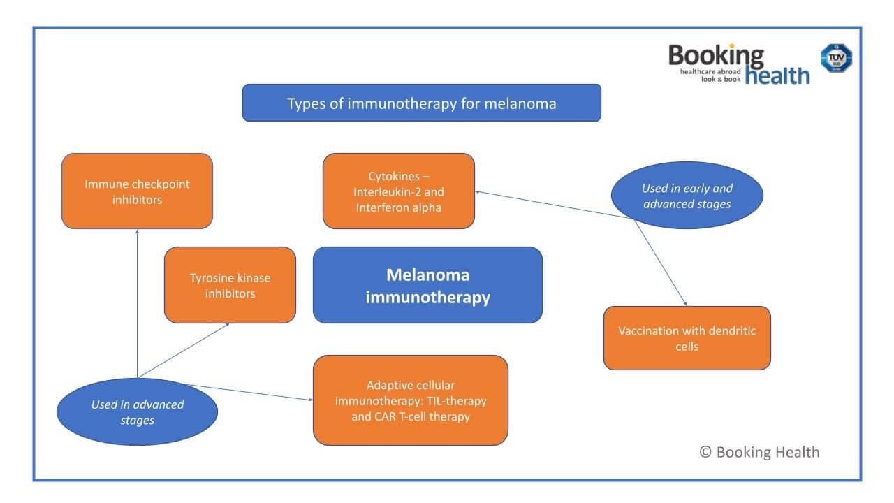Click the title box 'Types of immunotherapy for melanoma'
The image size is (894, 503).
pyautogui.click(x=421, y=103)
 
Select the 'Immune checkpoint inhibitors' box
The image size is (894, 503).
pyautogui.click(x=137, y=191)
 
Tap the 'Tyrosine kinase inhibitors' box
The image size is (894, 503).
pyautogui.click(x=230, y=285)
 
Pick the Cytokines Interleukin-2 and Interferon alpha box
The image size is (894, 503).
pyautogui.click(x=398, y=191)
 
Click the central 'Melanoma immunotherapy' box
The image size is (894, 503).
pyautogui.click(x=427, y=285)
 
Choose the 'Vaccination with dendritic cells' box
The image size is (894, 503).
pyautogui.click(x=687, y=338)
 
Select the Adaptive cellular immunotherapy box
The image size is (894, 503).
pyautogui.click(x=410, y=400)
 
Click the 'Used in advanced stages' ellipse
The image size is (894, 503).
pyautogui.click(x=137, y=411)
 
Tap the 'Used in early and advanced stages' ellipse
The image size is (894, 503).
pyautogui.click(x=687, y=196)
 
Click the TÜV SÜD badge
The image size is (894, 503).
pyautogui.click(x=835, y=58)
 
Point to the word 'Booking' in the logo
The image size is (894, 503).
pyautogui.click(x=716, y=56)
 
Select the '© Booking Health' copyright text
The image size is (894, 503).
pyautogui.click(x=759, y=452)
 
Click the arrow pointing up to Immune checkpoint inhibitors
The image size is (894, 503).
pyautogui.click(x=137, y=300)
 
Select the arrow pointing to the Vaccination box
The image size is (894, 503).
pyautogui.click(x=661, y=262)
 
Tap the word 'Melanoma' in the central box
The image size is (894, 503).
pyautogui.click(x=427, y=275)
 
